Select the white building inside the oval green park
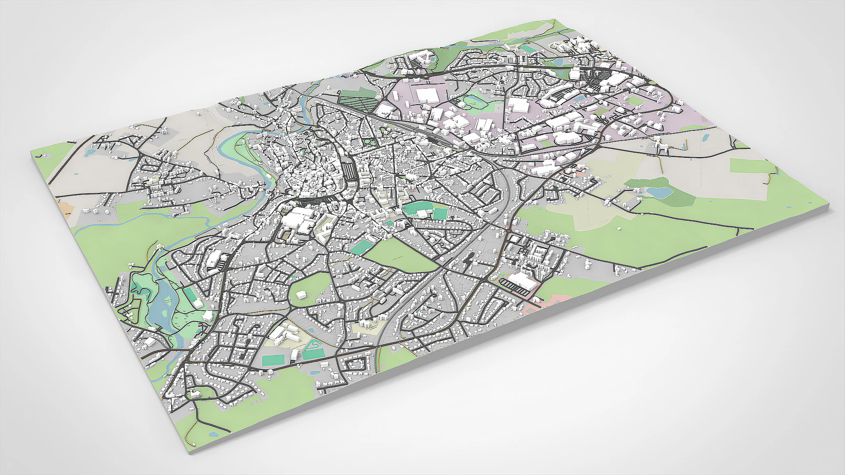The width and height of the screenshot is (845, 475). point(301,294)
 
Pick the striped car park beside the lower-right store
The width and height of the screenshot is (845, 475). point(514,287)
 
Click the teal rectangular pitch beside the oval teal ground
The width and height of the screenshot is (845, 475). point(440,214)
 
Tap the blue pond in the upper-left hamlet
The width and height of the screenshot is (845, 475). point(90,153)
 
